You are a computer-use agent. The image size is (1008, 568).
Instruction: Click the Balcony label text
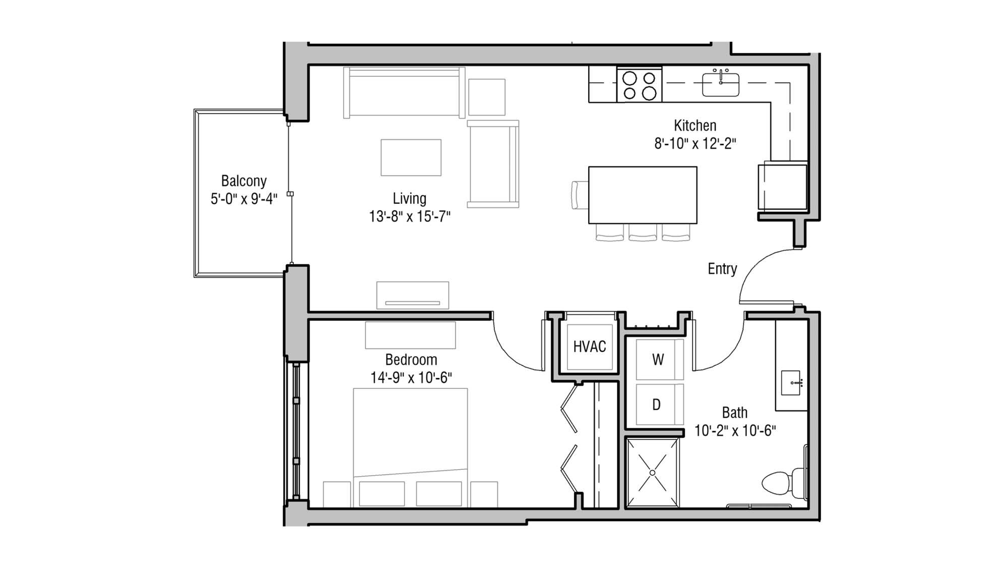pos(243,181)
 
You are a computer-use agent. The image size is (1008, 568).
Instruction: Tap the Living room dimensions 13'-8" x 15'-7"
pos(409,217)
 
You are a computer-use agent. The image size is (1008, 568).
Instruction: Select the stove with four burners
pos(639,85)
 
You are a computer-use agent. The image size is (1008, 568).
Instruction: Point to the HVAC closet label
pos(589,347)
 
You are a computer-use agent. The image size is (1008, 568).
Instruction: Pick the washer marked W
pos(658,360)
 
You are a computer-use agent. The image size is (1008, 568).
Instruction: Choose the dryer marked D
pos(656,405)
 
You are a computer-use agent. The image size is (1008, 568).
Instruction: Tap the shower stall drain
pos(652,473)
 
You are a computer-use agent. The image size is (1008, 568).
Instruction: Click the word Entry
pos(722,269)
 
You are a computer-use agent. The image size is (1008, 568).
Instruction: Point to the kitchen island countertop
pos(643,195)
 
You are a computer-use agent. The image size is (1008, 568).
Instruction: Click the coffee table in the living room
pos(411,157)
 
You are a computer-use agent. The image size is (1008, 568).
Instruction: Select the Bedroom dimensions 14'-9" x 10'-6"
pos(411,378)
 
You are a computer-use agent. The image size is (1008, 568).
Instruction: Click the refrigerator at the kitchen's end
pos(782,186)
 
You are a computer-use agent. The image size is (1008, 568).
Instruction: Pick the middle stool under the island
pos(643,233)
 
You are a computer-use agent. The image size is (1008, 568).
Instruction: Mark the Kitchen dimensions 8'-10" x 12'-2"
pos(695,144)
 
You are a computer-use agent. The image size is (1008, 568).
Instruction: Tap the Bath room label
pos(734,413)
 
